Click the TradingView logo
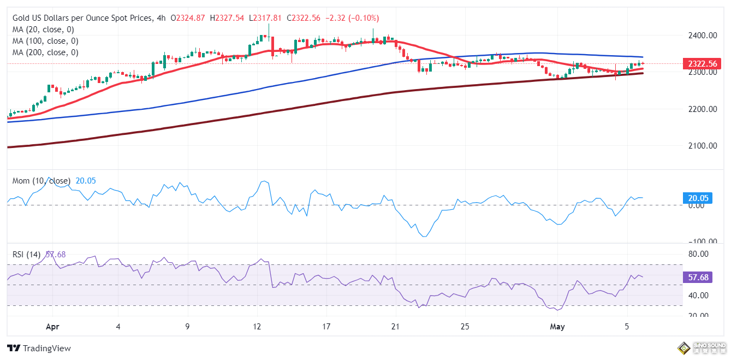(39, 348)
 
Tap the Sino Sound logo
(701, 347)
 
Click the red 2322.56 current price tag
(698, 64)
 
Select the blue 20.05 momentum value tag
(698, 199)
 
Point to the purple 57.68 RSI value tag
(698, 278)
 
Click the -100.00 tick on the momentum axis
(696, 241)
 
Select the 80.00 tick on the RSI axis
(698, 254)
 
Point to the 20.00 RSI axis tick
(698, 316)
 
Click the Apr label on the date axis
(52, 327)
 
